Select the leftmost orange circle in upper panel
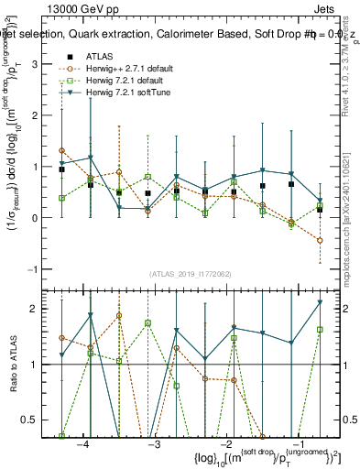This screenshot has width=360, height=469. (x=61, y=150)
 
